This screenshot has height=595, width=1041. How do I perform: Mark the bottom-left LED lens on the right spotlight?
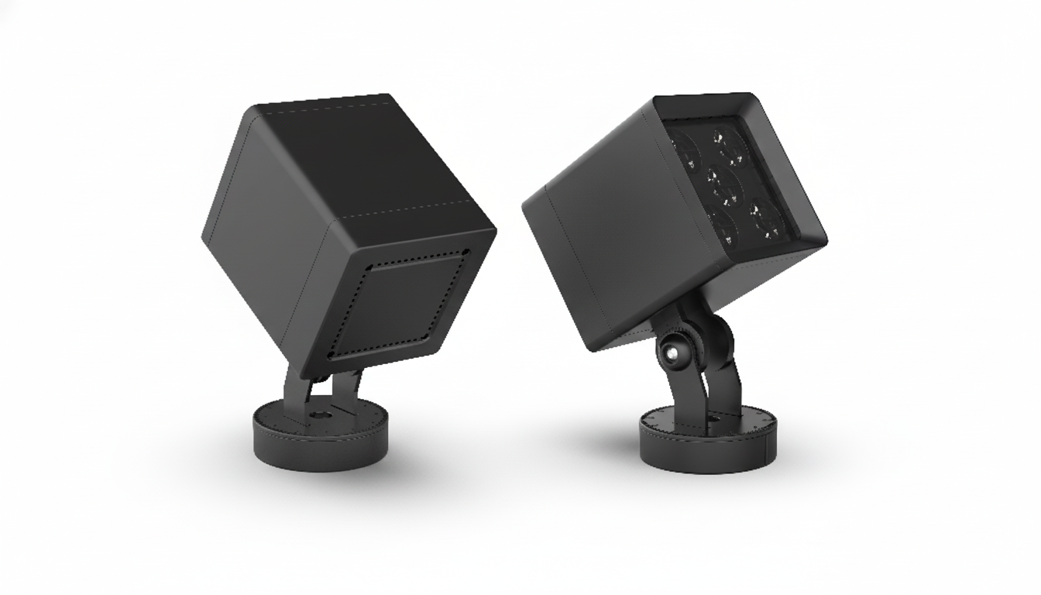[x=724, y=225]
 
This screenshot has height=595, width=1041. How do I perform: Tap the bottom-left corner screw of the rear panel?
[x=331, y=355]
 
